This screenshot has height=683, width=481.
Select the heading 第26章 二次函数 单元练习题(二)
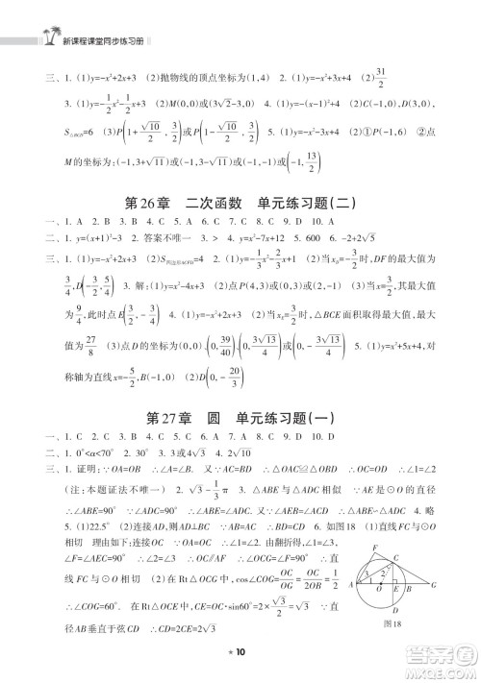pos(240,201)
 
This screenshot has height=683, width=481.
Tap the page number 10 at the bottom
pos(240,653)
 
